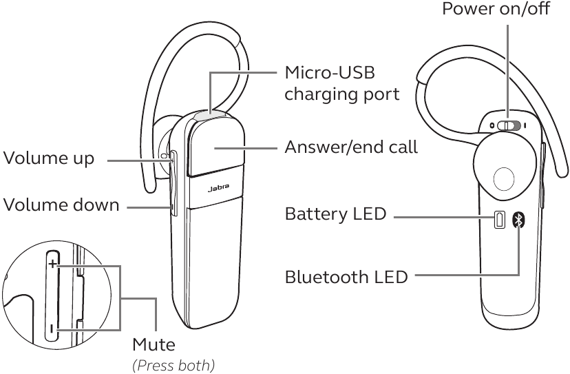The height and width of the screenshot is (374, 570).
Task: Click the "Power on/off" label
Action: click(x=496, y=8)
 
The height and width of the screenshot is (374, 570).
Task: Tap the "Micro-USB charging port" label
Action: click(x=341, y=83)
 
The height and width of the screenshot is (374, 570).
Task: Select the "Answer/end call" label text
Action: click(x=351, y=147)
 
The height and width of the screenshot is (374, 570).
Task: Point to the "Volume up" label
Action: click(x=49, y=158)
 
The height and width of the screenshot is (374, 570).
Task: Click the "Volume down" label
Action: click(x=61, y=205)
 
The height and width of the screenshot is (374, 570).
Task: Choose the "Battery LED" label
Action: click(x=335, y=214)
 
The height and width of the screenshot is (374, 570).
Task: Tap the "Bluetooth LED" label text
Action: click(x=346, y=277)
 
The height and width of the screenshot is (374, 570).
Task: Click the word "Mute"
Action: click(x=154, y=344)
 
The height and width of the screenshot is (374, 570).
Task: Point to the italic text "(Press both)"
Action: click(x=173, y=365)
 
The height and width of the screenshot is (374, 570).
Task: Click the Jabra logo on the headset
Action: click(x=218, y=188)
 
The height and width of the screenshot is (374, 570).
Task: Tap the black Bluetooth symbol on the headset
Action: click(x=519, y=220)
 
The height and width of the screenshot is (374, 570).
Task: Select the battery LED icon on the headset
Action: click(x=500, y=220)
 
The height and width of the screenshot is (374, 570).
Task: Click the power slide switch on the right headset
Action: click(x=509, y=126)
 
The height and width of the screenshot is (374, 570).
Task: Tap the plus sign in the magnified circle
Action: click(x=53, y=263)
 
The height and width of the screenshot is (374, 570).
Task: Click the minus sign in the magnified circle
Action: click(x=52, y=329)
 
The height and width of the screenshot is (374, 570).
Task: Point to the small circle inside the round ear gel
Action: click(x=504, y=178)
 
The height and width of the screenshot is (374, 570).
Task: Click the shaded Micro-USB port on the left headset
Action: click(x=210, y=116)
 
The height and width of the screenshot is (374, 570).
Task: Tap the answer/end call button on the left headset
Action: click(x=216, y=147)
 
